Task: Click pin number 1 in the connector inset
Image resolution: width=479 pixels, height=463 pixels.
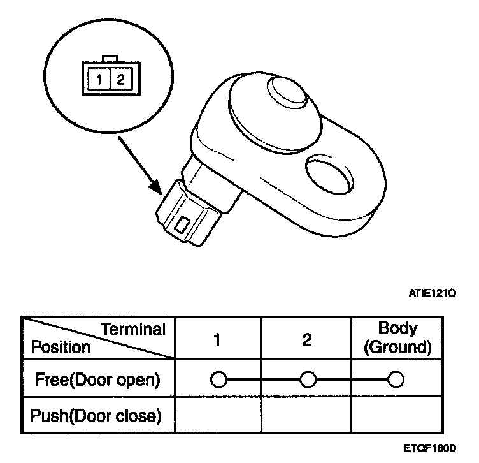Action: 100,80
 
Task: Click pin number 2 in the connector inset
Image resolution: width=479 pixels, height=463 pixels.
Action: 120,80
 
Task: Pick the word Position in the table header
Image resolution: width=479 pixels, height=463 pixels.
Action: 61,348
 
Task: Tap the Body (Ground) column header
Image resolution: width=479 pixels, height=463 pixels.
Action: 397,338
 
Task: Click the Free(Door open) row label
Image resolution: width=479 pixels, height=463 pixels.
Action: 96,381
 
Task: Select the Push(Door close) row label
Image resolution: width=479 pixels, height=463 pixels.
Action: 96,416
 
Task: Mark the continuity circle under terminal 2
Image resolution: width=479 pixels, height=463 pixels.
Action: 307,381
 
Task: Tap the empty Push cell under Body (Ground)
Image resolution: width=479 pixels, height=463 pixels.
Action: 397,416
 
